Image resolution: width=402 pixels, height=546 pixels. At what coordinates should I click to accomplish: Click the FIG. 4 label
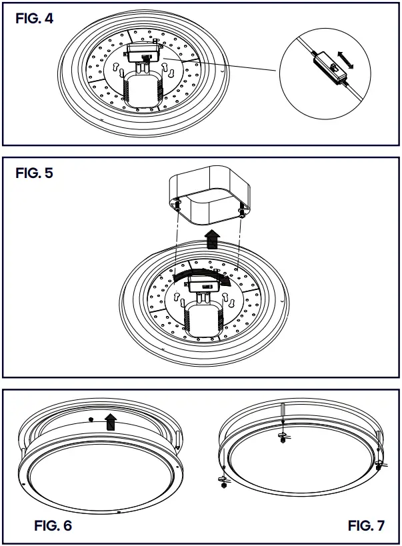[34, 19]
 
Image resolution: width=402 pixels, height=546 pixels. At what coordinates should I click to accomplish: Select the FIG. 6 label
[53, 525]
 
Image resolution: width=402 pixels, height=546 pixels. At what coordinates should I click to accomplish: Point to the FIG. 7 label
[366, 525]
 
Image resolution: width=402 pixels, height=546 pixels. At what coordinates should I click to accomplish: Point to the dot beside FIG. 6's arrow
[91, 420]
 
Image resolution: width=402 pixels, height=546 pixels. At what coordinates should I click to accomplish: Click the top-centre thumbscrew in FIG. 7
[283, 437]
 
